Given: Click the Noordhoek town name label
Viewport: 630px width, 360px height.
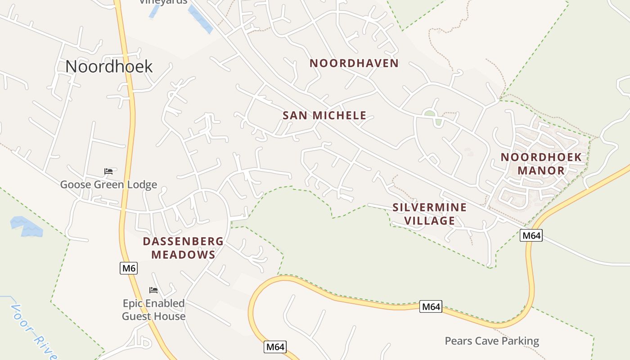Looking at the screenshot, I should point(109,67).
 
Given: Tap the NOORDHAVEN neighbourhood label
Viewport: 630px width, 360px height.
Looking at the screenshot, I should point(354,63).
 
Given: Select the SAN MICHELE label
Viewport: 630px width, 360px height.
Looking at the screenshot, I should point(324,115).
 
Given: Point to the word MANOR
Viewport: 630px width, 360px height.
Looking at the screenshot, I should point(541,171).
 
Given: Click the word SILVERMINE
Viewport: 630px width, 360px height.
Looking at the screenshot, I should point(429,207).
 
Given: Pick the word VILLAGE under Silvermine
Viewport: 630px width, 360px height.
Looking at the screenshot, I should point(429,220).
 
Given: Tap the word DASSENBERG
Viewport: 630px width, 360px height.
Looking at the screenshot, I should point(183,241).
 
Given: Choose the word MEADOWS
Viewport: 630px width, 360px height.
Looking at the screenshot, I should point(183,255).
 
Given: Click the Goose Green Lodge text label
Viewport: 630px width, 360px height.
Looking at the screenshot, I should point(109,184).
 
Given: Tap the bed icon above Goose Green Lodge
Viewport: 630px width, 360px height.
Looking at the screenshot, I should point(108,171).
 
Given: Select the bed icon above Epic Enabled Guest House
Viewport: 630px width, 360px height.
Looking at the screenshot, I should point(153,290).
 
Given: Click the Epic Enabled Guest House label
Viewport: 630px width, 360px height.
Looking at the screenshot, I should point(154,310).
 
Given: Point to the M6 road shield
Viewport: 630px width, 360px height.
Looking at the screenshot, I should point(129,269).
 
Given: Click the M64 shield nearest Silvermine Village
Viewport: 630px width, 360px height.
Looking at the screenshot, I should point(531,235).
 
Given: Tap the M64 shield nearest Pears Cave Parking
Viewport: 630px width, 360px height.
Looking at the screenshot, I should point(431,307).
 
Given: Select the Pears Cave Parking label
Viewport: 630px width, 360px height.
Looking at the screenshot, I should point(492,341).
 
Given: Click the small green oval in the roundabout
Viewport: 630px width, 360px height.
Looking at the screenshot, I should point(430,113).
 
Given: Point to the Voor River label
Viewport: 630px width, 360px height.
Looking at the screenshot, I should point(34,332).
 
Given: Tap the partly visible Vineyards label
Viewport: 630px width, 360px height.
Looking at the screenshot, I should point(163,2).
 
